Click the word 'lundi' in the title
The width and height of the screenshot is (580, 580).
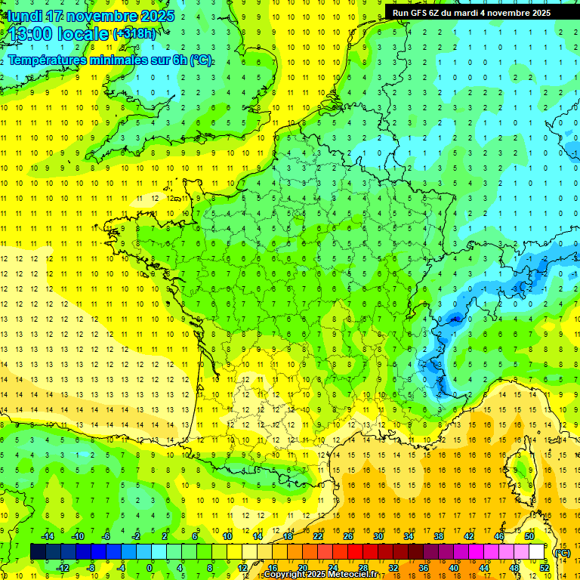pos(24,16)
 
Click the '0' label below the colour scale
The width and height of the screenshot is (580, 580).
pos(150,567)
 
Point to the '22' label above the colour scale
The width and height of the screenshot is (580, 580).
pos(319,536)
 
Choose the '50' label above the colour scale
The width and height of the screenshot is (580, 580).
pos(529,536)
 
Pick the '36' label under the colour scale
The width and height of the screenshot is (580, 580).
pos(423,567)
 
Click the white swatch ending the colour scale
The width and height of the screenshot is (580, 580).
pos(537,551)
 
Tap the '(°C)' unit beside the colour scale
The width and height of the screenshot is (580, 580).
pos(561,552)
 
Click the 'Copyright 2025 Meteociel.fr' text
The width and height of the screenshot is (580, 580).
pos(321,575)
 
